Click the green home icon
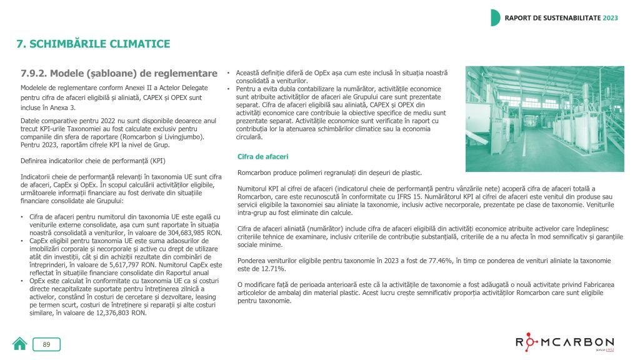pos(19,344)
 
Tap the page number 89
pos(46,344)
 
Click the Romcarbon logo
pos(564,342)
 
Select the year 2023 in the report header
pos(610,17)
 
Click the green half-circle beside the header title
pos(495,17)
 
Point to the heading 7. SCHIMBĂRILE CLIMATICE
pos(92,44)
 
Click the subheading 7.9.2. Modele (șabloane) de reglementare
pos(119,74)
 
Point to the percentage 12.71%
pos(271,269)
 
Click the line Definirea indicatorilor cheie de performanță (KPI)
pos(92,160)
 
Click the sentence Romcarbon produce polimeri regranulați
pos(330,172)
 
